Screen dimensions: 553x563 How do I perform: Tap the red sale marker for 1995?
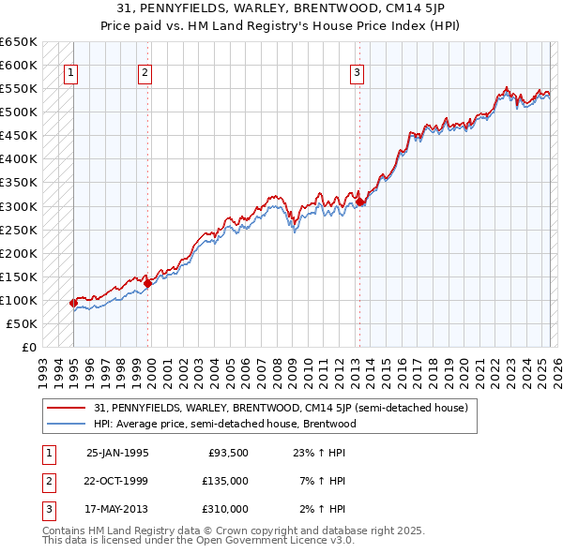pos(74,303)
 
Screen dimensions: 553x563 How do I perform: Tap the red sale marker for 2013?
pos(360,201)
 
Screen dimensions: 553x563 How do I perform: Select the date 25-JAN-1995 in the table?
pos(117,453)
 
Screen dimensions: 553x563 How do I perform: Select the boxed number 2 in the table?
pos(47,481)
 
